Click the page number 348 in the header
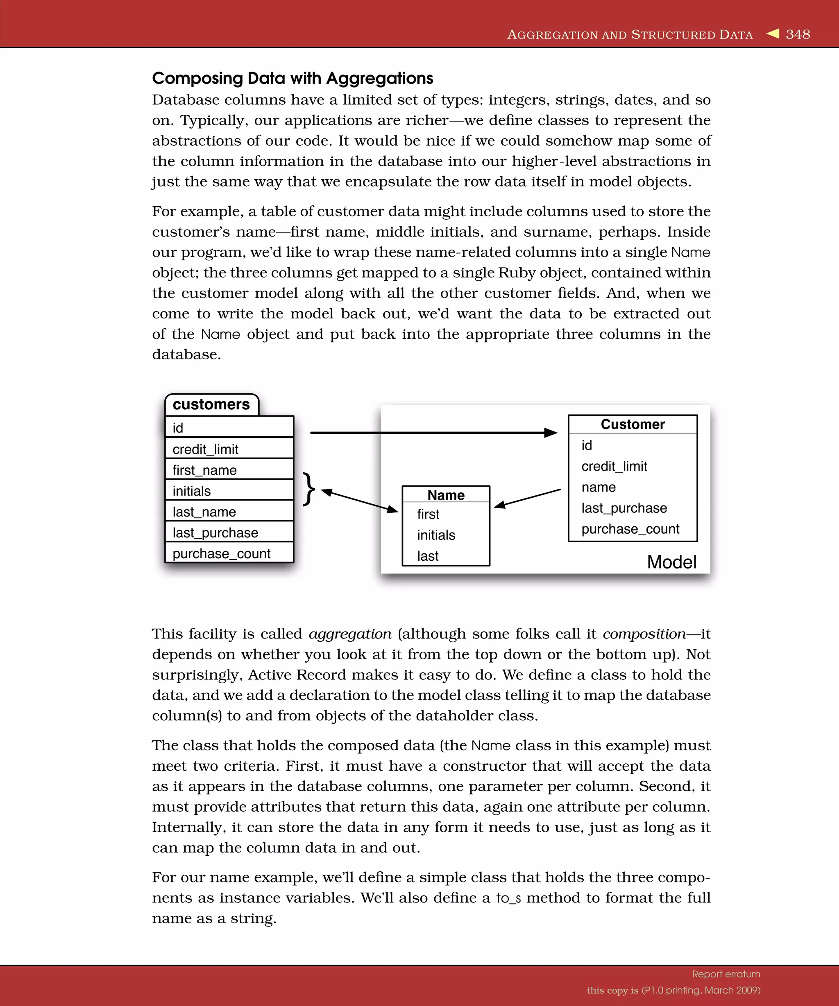click(798, 34)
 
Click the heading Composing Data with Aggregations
click(293, 78)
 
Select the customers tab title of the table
click(211, 404)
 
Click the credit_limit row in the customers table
click(229, 449)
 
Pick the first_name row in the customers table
click(229, 470)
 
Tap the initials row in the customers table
click(229, 491)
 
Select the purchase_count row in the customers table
click(229, 553)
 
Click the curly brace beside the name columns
click(309, 489)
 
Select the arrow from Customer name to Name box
click(527, 498)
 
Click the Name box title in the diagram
click(446, 495)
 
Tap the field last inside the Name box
click(428, 556)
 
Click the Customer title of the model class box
click(633, 424)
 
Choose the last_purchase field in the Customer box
click(624, 508)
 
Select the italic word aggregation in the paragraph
click(350, 634)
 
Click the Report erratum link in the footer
click(726, 974)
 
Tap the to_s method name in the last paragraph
click(508, 898)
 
